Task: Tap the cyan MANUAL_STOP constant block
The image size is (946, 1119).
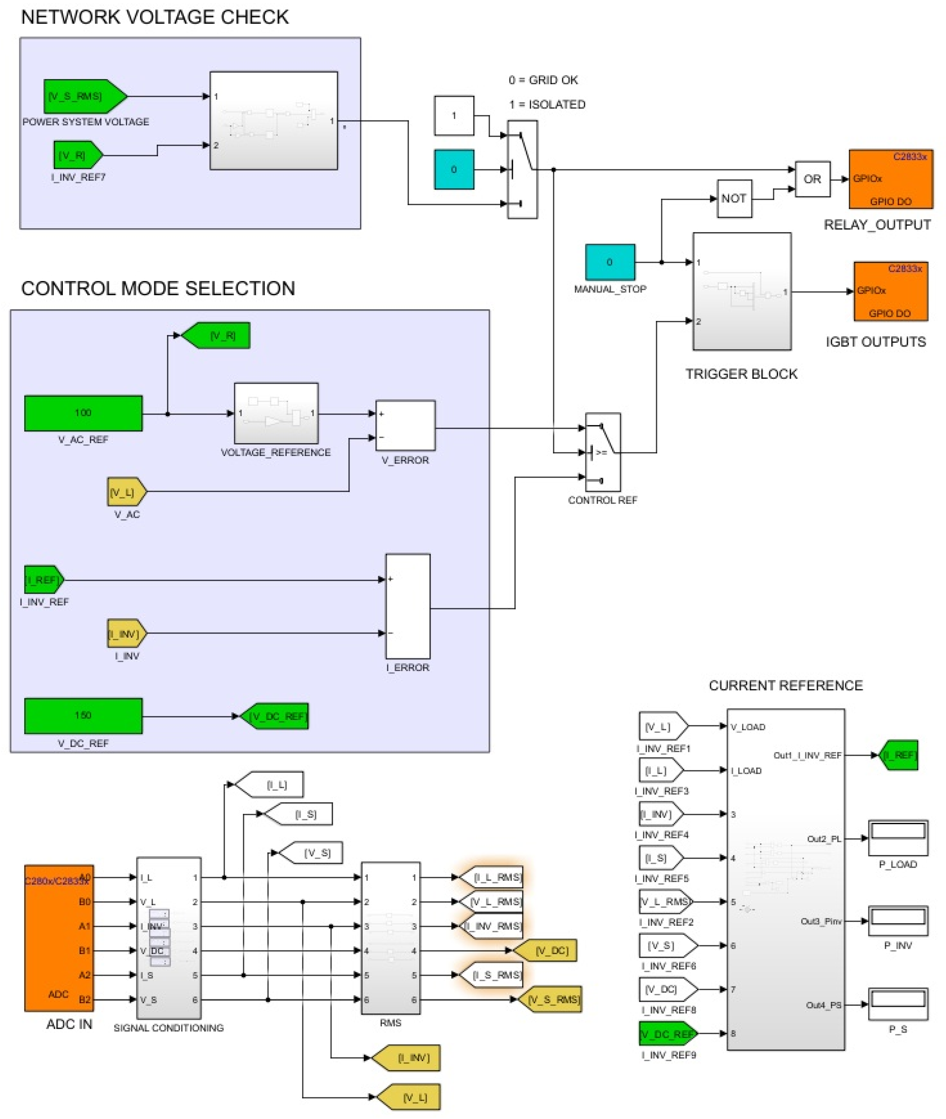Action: tap(610, 262)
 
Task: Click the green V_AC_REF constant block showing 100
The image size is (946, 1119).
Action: tap(83, 413)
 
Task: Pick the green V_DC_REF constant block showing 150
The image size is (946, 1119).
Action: tap(83, 716)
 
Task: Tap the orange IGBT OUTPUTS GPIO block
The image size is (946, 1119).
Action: tap(890, 291)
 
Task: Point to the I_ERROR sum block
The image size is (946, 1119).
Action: tap(407, 606)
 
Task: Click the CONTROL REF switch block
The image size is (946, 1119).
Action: tap(603, 452)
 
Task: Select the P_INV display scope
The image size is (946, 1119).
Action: tap(898, 921)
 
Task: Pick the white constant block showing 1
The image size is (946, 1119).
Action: tap(454, 115)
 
